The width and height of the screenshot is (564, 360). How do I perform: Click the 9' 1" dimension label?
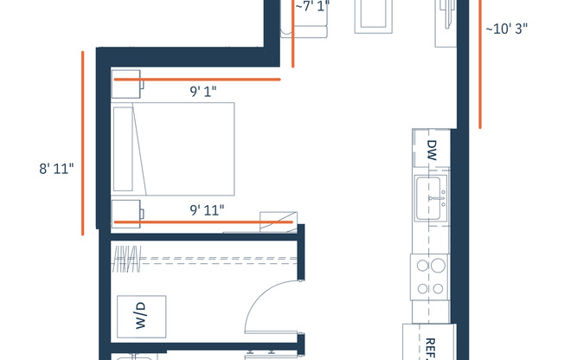point(204,89)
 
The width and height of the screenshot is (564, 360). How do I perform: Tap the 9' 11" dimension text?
point(208,209)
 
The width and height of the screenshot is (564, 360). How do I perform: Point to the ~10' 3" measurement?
point(506,28)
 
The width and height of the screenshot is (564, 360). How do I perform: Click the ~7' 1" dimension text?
point(312,7)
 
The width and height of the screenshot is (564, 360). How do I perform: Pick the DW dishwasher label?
point(432,151)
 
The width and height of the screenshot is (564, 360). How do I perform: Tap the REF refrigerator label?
point(429,346)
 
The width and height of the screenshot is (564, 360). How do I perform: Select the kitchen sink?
point(431,197)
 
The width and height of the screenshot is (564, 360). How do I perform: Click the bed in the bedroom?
point(182,148)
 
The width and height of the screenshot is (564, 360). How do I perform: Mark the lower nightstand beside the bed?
point(126,212)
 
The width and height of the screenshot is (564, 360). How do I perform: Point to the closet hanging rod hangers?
point(127,257)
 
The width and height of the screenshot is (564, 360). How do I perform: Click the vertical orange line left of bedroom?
point(83,143)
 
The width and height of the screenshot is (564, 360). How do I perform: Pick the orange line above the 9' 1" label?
point(197,79)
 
